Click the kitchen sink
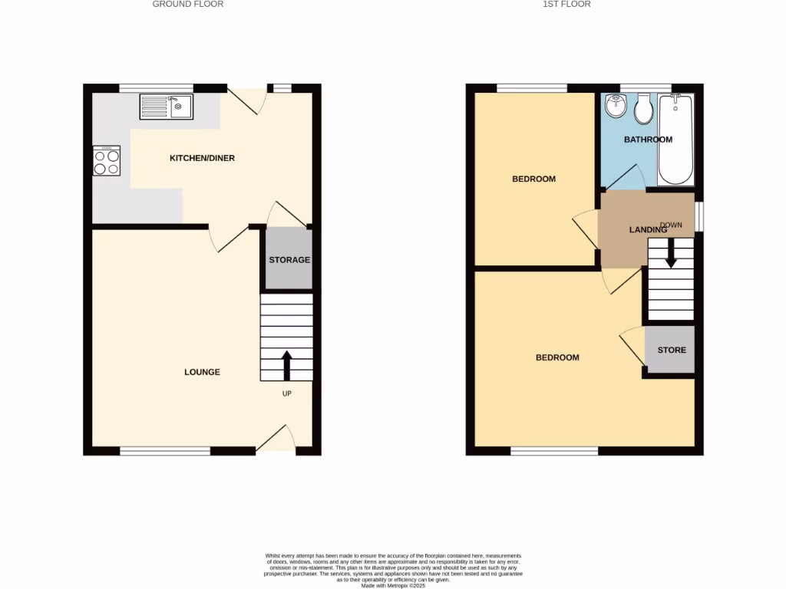[167, 107]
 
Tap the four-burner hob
[107, 161]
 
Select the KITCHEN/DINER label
[202, 159]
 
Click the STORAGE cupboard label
[289, 260]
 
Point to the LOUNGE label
[202, 372]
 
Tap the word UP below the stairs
[287, 393]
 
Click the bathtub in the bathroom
[675, 139]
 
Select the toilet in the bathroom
[643, 109]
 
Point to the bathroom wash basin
[615, 107]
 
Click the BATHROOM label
[647, 140]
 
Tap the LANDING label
[648, 230]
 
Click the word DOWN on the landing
[671, 225]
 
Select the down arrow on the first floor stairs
[671, 254]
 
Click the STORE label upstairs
[672, 350]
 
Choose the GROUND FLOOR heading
[188, 4]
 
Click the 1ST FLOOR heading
[567, 4]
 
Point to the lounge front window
[165, 452]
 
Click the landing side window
[698, 216]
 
